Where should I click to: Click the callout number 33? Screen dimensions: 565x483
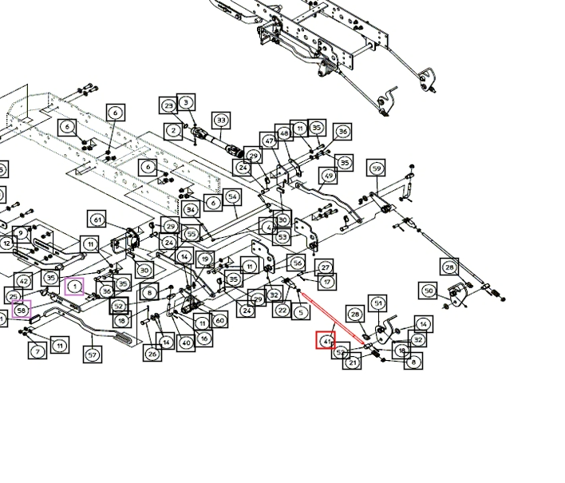click(x=221, y=121)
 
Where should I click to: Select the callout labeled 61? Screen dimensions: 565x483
click(x=97, y=220)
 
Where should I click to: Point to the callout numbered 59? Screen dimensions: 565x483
click(x=377, y=168)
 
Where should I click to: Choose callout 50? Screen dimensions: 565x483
click(x=429, y=291)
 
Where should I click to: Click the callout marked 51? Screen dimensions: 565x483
click(x=377, y=303)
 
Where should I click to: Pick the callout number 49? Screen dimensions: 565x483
click(x=328, y=176)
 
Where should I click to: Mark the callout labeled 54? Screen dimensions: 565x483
click(x=232, y=197)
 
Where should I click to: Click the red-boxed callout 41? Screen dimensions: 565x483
click(x=326, y=341)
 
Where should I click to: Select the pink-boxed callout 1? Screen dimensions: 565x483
click(x=74, y=285)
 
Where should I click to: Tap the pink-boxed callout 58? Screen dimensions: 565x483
click(x=22, y=310)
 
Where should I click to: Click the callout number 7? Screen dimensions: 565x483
click(x=38, y=351)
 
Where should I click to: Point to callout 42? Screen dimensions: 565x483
click(x=24, y=281)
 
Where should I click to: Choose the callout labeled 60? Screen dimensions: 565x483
click(x=219, y=320)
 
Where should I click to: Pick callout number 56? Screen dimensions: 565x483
click(x=297, y=263)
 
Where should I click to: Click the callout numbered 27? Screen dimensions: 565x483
click(x=324, y=267)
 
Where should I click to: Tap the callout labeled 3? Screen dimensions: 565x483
click(x=186, y=102)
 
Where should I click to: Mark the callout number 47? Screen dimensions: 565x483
click(x=270, y=141)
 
